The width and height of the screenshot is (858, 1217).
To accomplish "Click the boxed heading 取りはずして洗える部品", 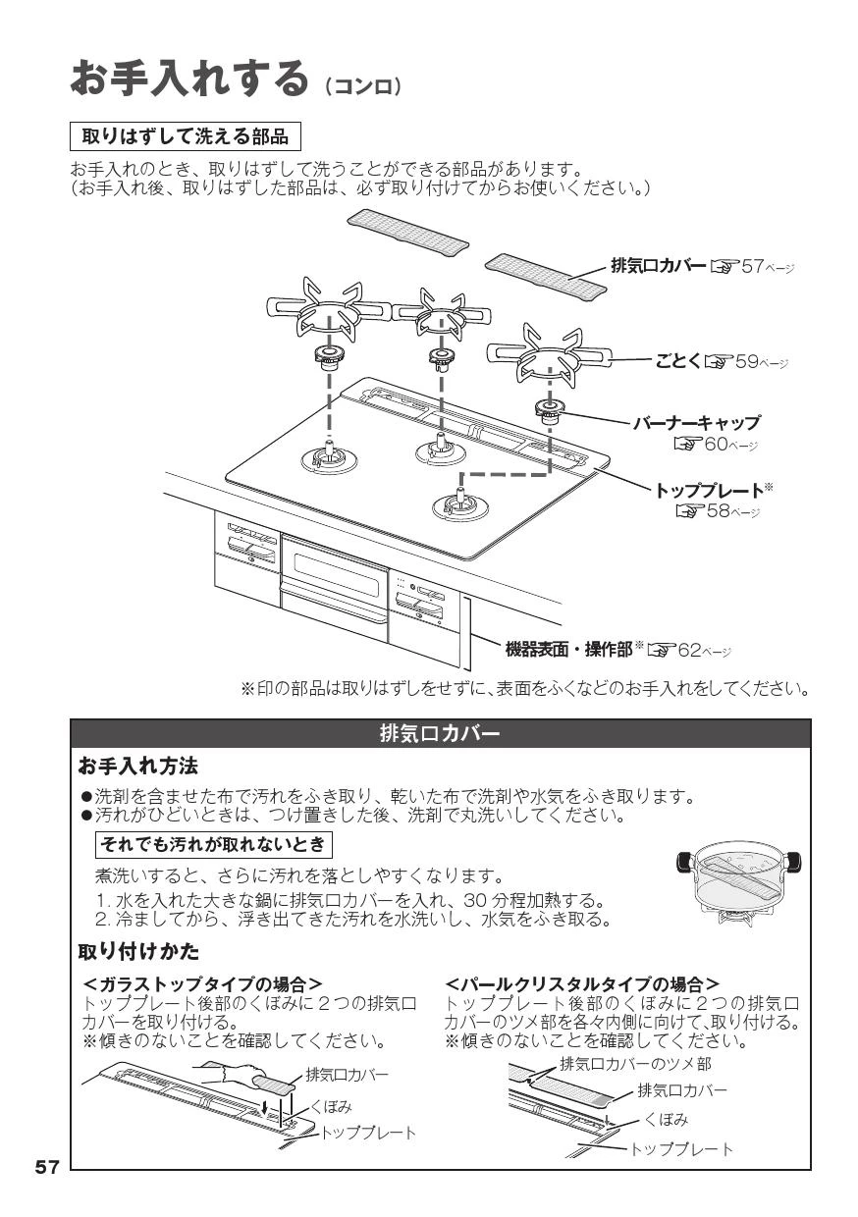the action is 185,136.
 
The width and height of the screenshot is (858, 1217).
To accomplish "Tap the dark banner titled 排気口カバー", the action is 440,734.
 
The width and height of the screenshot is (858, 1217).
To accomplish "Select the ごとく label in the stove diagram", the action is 678,361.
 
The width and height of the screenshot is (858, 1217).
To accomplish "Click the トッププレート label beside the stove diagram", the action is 709,491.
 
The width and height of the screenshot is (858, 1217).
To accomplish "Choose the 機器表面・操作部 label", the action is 569,650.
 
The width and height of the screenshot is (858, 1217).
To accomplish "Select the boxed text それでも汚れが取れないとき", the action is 214,844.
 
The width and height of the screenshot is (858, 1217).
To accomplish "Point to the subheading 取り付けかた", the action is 138,951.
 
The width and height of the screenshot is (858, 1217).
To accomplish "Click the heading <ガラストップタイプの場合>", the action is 202,984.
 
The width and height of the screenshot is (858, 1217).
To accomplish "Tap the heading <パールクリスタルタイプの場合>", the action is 582,984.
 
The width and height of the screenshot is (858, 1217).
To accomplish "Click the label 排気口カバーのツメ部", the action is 635,1063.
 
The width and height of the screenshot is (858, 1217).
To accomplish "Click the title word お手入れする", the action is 189,79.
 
